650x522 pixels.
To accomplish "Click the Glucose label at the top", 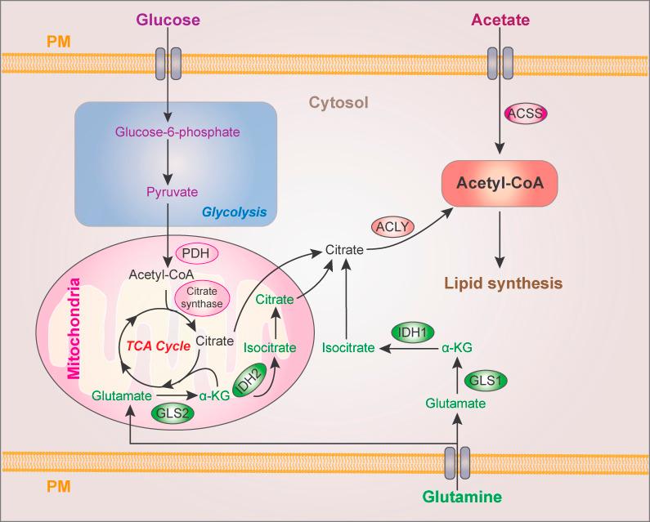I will [x=168, y=18].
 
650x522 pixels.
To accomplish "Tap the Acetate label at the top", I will [x=500, y=18].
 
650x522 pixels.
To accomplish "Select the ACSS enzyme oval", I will [x=526, y=114].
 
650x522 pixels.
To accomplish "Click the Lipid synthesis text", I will [x=503, y=283].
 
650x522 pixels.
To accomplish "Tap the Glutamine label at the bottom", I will [x=460, y=496].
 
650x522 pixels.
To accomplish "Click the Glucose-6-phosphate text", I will [x=168, y=132].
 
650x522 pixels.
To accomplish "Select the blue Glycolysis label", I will [x=235, y=212].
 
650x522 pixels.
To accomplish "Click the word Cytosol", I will [x=338, y=103].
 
